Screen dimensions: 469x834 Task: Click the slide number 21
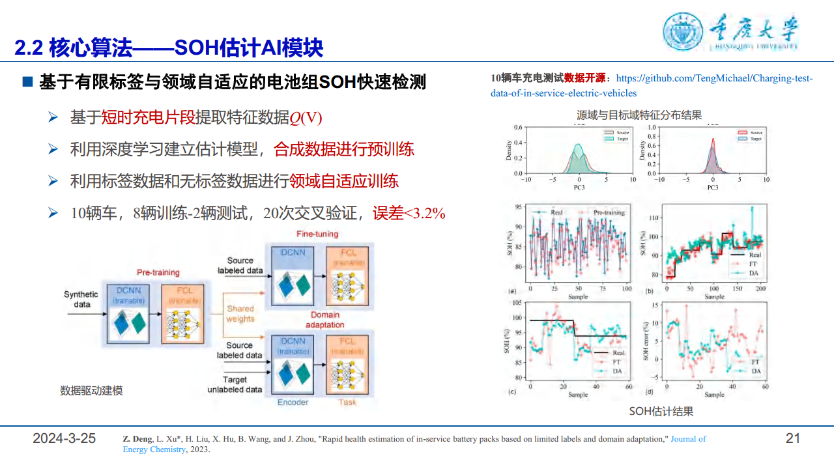coord(792,438)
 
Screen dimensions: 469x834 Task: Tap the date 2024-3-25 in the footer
coord(65,438)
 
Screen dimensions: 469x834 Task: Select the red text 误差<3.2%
coord(409,213)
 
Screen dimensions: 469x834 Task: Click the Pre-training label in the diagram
coord(158,272)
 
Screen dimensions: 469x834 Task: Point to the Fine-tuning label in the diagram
coord(317,234)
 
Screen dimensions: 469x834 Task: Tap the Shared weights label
coord(240,314)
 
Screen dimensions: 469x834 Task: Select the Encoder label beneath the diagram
coord(293,402)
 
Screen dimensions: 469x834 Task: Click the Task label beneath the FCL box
coord(347,402)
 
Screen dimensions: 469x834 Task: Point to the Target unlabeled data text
coord(235,384)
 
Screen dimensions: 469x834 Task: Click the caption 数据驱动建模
coord(91,391)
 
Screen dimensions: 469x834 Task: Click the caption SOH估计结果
coord(661,412)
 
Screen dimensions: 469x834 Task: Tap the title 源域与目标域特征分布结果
coord(639,115)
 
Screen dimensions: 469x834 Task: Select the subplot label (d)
coord(649,392)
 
